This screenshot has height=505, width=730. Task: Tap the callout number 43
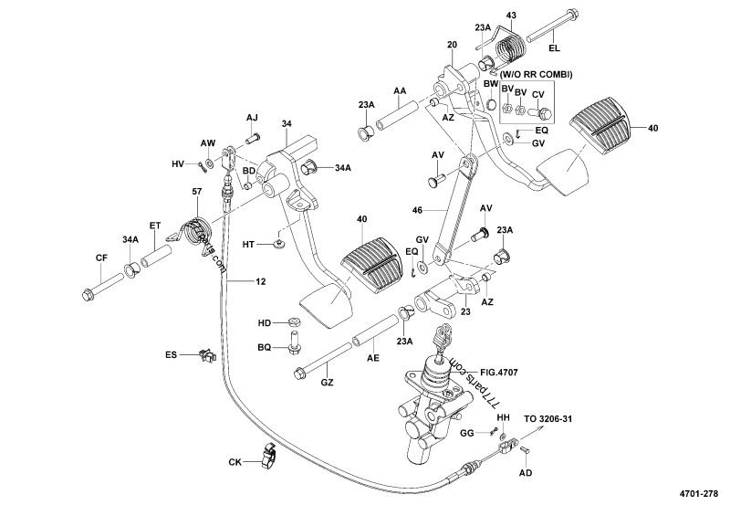coord(511,16)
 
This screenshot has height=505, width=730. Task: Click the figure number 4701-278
coord(703,493)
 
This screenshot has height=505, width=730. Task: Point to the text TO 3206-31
coord(549,419)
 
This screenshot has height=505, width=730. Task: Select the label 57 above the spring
coord(196,191)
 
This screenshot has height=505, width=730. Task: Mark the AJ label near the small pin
coord(253,118)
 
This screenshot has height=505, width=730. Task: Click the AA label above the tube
coord(400,92)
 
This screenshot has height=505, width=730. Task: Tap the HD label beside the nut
coord(265,322)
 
